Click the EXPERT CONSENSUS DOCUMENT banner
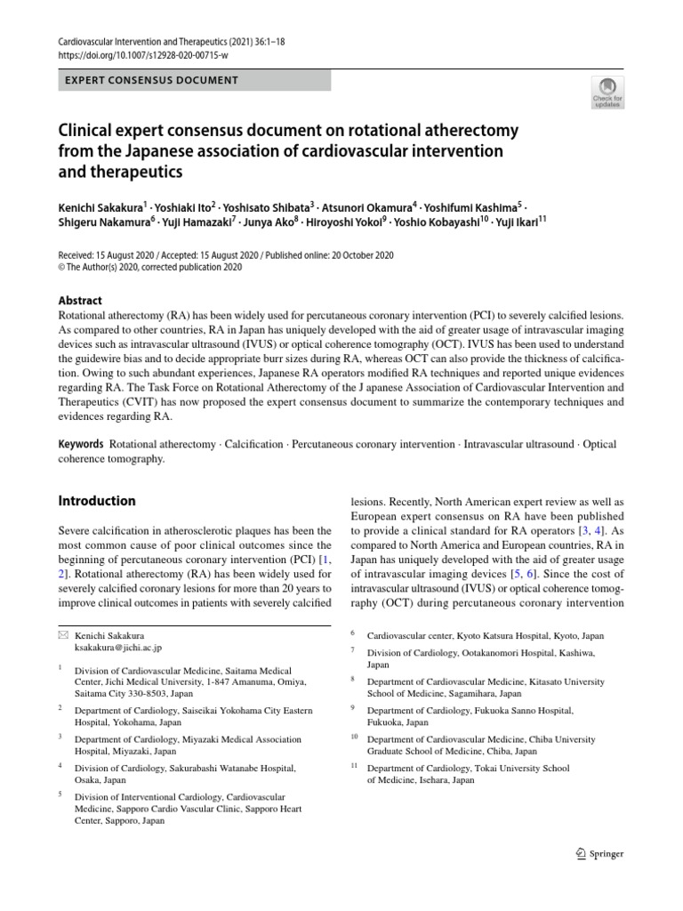click(195, 80)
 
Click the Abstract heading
click(80, 301)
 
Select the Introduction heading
click(97, 501)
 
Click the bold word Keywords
click(80, 444)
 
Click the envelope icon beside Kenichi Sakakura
click(62, 635)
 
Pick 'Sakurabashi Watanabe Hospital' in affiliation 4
click(231, 767)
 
